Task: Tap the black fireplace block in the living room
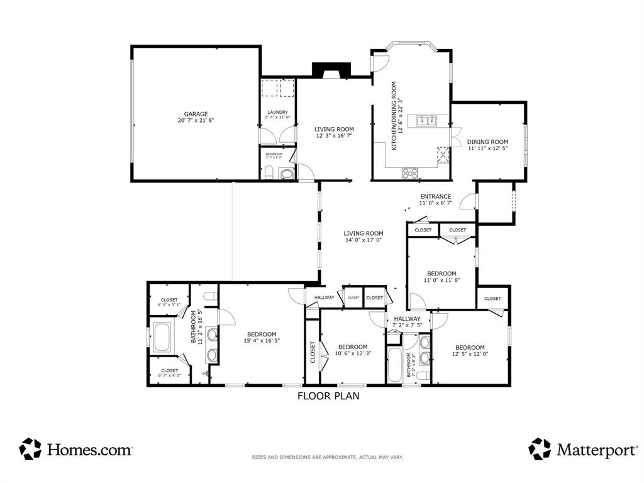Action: coord(333,71)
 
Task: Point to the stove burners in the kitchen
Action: coord(410,172)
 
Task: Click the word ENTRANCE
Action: coord(435,196)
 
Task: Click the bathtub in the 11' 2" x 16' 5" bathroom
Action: coord(162,337)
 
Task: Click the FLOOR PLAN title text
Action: coord(328,396)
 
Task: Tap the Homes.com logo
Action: coord(76,449)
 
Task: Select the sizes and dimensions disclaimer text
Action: coord(327,457)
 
